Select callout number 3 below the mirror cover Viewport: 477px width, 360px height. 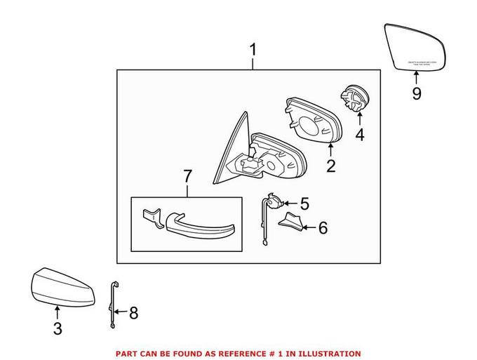[58, 328]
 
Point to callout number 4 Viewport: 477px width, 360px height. [360, 134]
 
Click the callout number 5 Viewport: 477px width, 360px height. [304, 204]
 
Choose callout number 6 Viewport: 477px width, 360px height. [323, 227]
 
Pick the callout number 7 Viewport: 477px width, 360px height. [187, 177]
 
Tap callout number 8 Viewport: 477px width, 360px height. [133, 312]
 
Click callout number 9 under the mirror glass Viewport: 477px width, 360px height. [416, 93]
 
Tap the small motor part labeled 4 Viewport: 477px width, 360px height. [354, 97]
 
